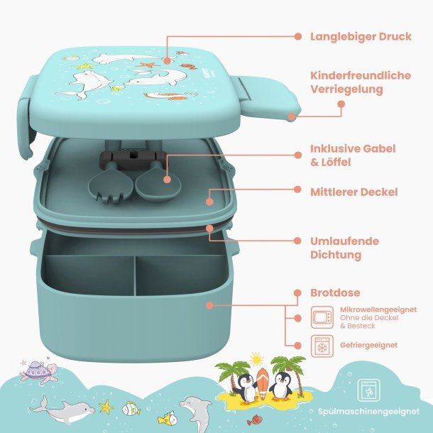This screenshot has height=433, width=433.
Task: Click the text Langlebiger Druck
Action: [x=361, y=37]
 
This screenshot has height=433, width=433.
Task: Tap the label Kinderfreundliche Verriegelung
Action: [x=361, y=82]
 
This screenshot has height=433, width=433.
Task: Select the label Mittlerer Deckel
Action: [x=354, y=192]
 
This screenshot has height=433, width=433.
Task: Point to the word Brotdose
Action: [x=335, y=292]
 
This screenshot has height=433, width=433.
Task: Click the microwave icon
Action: [x=322, y=317]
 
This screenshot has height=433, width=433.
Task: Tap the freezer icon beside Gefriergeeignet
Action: [x=322, y=346]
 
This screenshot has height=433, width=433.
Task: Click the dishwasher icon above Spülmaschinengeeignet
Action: [x=368, y=390]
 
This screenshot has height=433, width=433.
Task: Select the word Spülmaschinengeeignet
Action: [x=368, y=412]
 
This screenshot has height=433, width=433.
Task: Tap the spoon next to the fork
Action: [x=158, y=181]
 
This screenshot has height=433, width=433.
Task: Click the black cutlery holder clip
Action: [x=133, y=160]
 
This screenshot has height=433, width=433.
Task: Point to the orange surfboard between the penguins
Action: [x=262, y=383]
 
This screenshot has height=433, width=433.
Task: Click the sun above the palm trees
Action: [x=256, y=360]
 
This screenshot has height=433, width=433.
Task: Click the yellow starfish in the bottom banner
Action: [x=106, y=407]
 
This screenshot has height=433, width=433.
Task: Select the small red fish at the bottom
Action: [x=253, y=420]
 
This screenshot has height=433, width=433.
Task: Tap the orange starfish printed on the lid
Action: [x=148, y=65]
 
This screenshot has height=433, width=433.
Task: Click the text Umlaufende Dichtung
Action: [x=345, y=248]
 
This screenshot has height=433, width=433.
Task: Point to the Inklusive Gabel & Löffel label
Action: [x=353, y=155]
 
